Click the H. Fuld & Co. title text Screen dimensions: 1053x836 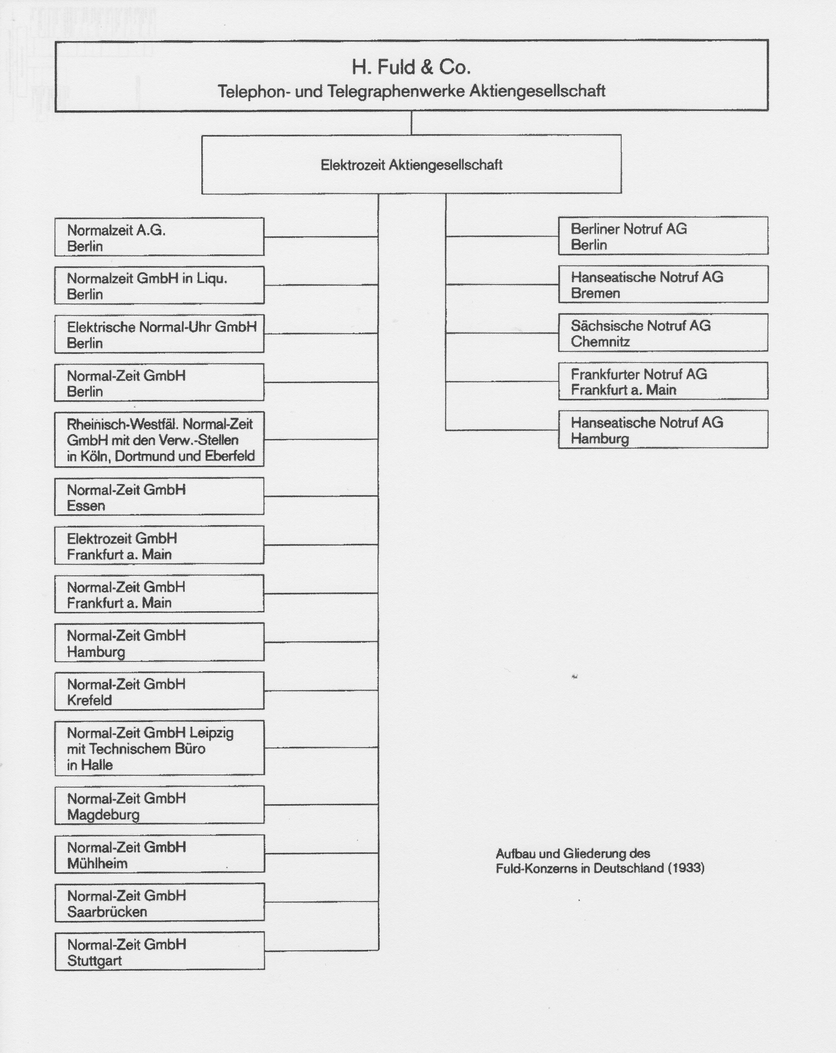tap(411, 67)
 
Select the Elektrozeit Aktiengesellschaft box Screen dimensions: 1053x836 tap(411, 165)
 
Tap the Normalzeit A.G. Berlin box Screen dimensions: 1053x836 tap(159, 237)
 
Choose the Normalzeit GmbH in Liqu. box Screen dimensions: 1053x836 tap(159, 285)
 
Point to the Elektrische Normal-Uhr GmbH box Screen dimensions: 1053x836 tap(159, 334)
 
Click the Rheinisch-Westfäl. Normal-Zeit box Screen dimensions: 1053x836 tap(159, 440)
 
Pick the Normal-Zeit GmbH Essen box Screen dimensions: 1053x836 tap(159, 497)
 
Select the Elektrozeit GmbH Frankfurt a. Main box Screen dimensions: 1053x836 tap(159, 545)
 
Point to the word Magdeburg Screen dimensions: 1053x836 tap(103, 814)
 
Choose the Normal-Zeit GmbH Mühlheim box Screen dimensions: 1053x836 tap(159, 854)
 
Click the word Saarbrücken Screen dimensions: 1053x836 tap(107, 911)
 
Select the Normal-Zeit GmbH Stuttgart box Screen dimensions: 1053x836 tap(159, 951)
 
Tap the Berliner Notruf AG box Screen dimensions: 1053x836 tap(663, 236)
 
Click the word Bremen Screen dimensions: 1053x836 tap(595, 293)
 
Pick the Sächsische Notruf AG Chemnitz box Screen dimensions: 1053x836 tap(663, 333)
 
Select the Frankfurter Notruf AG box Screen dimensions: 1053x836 tap(663, 381)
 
